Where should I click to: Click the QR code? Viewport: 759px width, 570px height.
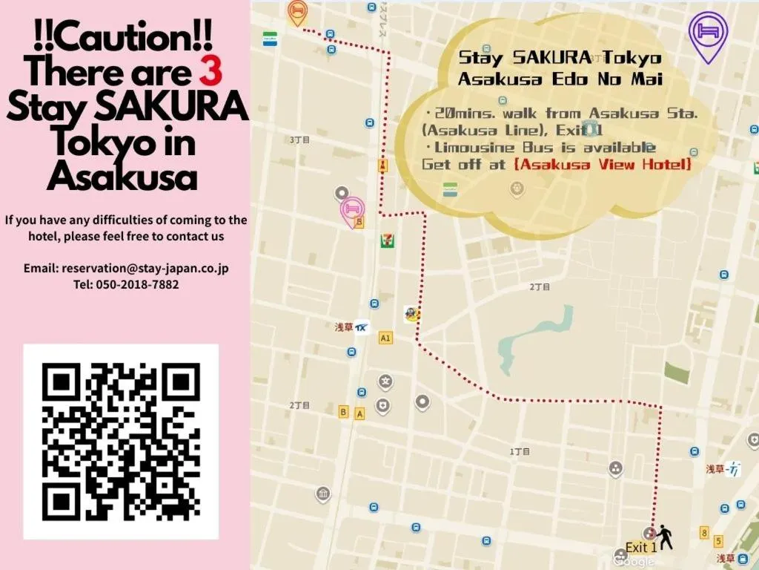pos(121,441)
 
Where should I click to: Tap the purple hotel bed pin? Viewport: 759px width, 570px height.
pos(708,34)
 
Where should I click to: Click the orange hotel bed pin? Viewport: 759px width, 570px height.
pos(297,11)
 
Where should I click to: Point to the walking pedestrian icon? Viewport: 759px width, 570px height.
pos(664,536)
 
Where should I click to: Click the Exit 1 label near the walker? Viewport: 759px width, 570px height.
pos(640,547)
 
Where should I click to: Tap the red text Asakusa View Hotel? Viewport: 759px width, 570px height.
pos(602,164)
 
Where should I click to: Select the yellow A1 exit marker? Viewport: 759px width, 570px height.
pos(385,338)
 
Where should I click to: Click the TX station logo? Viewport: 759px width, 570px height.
pos(362,327)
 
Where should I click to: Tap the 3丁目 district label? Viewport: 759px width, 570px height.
pos(299,139)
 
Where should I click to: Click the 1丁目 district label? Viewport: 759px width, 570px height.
pos(520,451)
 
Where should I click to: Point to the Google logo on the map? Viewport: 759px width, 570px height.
pos(634,561)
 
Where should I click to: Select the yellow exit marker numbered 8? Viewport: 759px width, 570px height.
pos(703,532)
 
